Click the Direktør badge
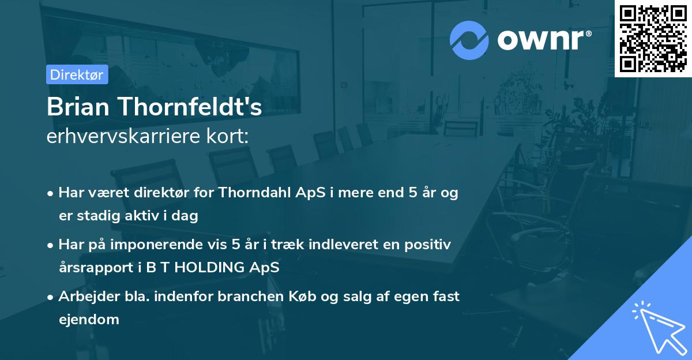(x=77, y=74)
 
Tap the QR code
(x=653, y=38)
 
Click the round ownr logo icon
(x=469, y=40)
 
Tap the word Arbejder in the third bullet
(x=83, y=297)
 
